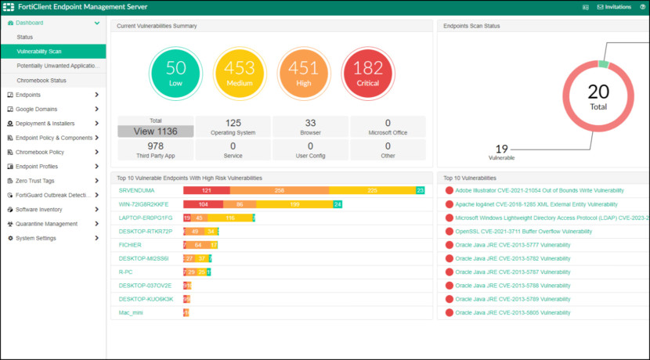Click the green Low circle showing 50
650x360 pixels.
pyautogui.click(x=176, y=73)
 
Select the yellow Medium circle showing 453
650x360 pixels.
pyautogui.click(x=240, y=73)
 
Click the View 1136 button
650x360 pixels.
pyautogui.click(x=155, y=131)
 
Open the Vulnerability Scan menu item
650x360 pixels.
pyautogui.click(x=39, y=51)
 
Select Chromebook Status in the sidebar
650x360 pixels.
pyautogui.click(x=42, y=80)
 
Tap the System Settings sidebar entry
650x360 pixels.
pyautogui.click(x=36, y=238)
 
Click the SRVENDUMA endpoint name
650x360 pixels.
pyautogui.click(x=137, y=190)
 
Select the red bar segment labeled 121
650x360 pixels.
pyautogui.click(x=206, y=190)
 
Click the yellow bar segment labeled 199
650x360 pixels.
pyautogui.click(x=294, y=204)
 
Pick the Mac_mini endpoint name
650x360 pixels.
pyautogui.click(x=132, y=312)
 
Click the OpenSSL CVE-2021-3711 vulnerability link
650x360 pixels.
pyautogui.click(x=523, y=232)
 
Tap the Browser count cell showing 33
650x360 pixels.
pyautogui.click(x=310, y=127)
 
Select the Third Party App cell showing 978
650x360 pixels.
pyautogui.click(x=155, y=149)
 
